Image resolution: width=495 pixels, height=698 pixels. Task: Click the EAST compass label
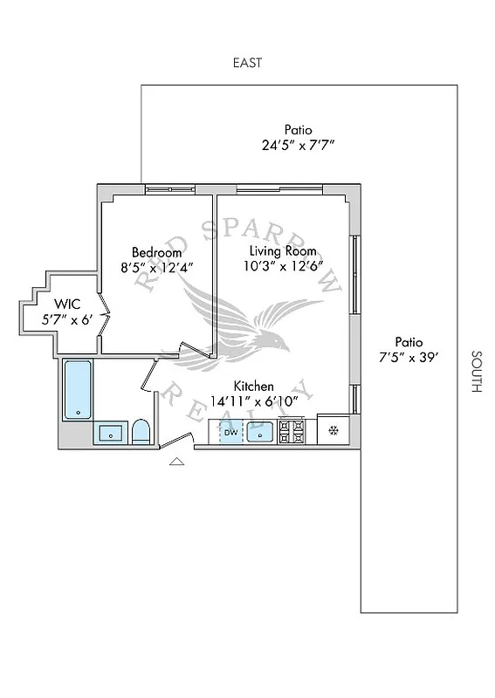(247, 63)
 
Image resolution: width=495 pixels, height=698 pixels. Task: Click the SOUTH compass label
(476, 372)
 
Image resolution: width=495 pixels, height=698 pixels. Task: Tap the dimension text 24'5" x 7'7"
(298, 147)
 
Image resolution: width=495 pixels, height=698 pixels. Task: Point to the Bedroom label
(156, 252)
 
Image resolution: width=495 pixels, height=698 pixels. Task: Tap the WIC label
(67, 304)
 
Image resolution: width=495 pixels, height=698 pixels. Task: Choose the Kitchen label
(253, 386)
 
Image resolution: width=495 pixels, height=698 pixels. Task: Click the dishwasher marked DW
(230, 431)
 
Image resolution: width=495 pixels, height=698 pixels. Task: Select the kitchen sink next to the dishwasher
(261, 431)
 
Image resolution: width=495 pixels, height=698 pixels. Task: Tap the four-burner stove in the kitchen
(292, 431)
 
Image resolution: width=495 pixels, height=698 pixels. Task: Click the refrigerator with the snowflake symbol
(333, 430)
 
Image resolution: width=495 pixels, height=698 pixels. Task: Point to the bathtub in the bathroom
(78, 390)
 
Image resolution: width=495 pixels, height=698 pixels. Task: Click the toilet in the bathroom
(141, 432)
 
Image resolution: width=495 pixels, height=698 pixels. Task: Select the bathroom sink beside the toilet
(110, 433)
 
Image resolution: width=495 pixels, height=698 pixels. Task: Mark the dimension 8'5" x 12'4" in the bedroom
(156, 268)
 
